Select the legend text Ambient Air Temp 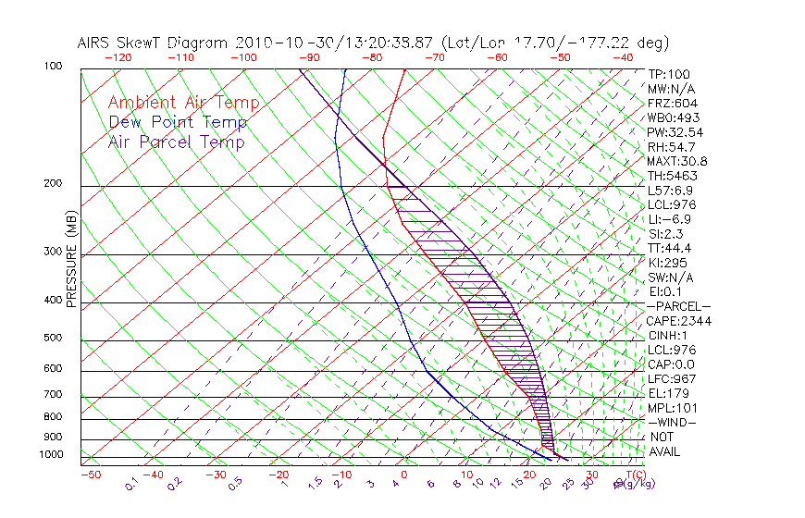(x=183, y=104)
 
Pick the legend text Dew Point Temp (x=178, y=123)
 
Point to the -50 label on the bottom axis (x=90, y=475)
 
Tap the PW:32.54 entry (x=675, y=132)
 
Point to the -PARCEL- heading (x=678, y=306)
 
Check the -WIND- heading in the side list (x=673, y=422)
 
